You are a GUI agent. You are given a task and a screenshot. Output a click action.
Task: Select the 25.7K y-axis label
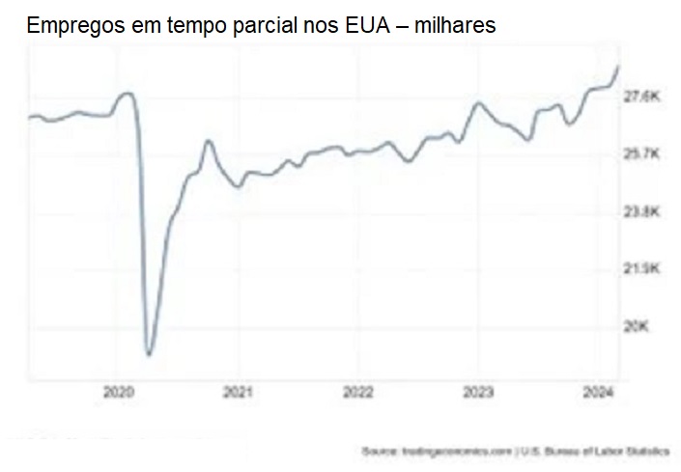[x=641, y=154]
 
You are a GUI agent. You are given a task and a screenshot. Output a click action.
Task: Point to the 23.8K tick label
[x=641, y=211]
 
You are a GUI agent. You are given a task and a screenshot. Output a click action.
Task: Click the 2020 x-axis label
[x=117, y=393]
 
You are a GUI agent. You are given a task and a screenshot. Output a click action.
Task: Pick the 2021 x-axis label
[x=238, y=393]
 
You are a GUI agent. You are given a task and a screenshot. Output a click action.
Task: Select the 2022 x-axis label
[x=358, y=393]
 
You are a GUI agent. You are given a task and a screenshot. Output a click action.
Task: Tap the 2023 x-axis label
[x=479, y=393]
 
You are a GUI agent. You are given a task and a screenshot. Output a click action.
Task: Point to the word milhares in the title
[x=454, y=26]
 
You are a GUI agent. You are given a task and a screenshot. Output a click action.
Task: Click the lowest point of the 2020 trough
[x=149, y=354]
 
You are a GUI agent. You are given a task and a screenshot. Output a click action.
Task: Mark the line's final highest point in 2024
[x=618, y=65]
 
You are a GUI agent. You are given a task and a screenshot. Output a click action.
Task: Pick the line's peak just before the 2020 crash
[x=127, y=93]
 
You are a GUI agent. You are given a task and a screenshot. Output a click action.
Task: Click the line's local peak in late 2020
[x=208, y=141]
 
